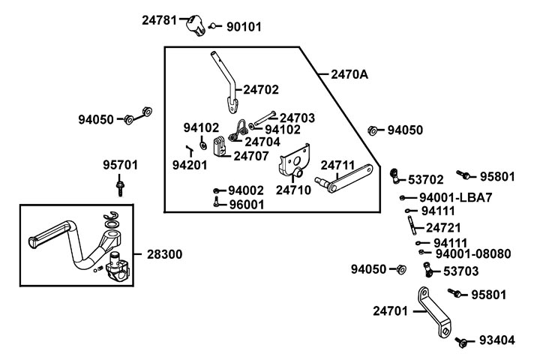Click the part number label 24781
pos(160,20)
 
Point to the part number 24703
pos(297,118)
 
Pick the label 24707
pos(250,156)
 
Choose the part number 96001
pos(246,204)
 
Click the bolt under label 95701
pos(119,184)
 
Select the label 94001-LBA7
pos(455,197)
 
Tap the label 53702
pos(425,179)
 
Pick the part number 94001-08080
pos(472,254)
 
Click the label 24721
pos(443,227)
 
